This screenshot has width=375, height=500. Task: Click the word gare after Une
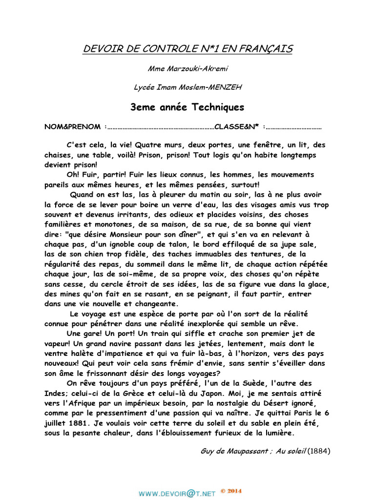(x=93, y=333)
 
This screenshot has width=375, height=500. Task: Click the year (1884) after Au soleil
(x=319, y=451)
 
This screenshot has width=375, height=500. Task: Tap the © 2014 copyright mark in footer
(x=231, y=490)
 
